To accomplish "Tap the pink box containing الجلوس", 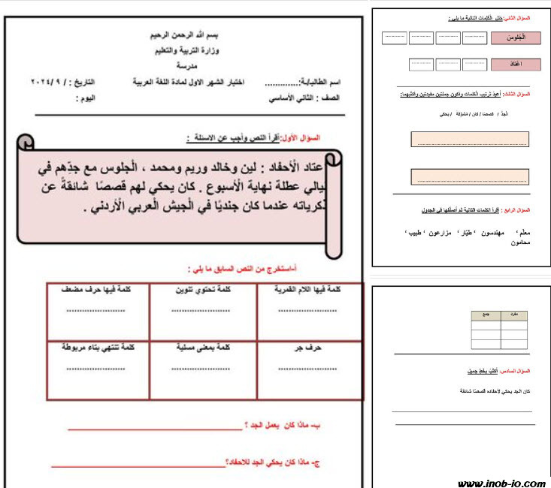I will point(516,37).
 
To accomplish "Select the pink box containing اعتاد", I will point(516,65).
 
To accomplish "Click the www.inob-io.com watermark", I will point(501,483).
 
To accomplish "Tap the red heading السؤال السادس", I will point(516,372).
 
